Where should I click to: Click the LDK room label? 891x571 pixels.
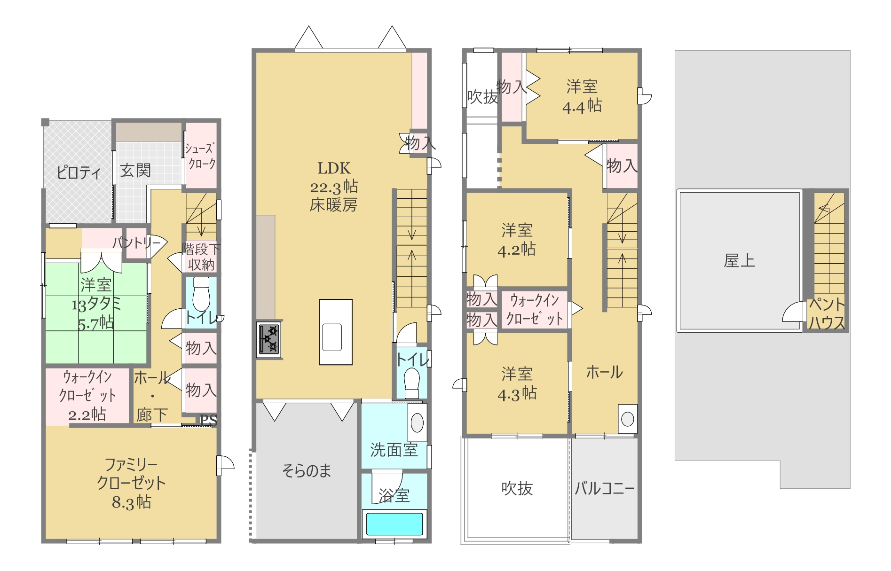334,187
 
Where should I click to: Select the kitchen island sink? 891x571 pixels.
332,337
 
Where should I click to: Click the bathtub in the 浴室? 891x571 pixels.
394,524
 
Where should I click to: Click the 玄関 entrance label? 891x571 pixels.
135,170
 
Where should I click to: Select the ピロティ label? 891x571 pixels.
79,172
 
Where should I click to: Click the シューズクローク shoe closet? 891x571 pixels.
201,155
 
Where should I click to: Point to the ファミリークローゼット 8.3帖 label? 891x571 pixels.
131,483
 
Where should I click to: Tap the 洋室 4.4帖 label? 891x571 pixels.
582,96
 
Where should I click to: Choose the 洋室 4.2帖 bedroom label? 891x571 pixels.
517,240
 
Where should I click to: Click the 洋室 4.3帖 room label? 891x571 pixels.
517,383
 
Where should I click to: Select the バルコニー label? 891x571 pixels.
605,489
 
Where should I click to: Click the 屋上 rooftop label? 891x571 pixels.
740,261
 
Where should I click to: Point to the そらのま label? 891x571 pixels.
307,470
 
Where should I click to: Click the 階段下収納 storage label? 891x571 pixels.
201,257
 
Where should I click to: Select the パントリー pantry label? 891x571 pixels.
137,243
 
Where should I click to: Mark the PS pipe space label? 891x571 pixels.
209,420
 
